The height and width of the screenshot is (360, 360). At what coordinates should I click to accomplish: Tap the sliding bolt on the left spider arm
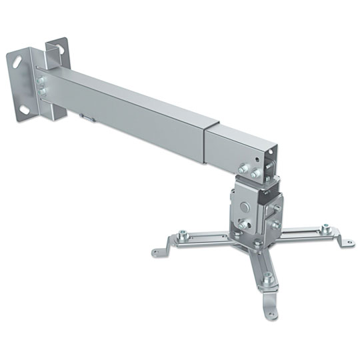click(181, 235)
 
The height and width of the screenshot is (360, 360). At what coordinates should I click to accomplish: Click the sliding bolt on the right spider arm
click(325, 229)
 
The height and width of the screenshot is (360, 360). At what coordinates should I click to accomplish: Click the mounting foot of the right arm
click(346, 241)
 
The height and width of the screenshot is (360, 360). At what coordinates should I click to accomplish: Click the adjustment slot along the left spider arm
click(200, 239)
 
